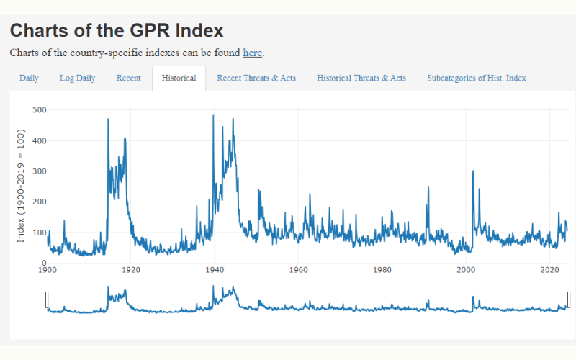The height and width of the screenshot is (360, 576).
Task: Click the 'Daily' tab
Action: (29, 78)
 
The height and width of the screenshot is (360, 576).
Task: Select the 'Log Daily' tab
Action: (77, 78)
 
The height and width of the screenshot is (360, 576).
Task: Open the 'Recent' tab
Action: (128, 78)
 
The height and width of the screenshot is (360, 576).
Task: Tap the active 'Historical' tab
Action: (179, 78)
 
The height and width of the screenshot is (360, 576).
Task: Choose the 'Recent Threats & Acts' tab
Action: (256, 78)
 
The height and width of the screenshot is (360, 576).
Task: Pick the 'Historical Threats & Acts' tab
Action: (361, 78)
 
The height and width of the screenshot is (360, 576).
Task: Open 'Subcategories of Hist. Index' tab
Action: (477, 78)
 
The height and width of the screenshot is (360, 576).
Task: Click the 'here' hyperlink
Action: (252, 53)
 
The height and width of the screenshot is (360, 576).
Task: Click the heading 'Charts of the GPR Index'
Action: (117, 31)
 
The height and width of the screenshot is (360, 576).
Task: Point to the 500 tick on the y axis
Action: (40, 110)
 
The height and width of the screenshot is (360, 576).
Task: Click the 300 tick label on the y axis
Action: (40, 171)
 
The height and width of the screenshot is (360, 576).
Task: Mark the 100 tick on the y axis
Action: (40, 233)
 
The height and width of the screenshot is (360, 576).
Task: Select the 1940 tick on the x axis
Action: (215, 271)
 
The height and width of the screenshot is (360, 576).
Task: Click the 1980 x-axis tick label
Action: (382, 271)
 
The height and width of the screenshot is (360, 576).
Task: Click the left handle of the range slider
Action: (48, 300)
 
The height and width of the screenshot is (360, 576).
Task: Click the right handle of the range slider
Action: (569, 300)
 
